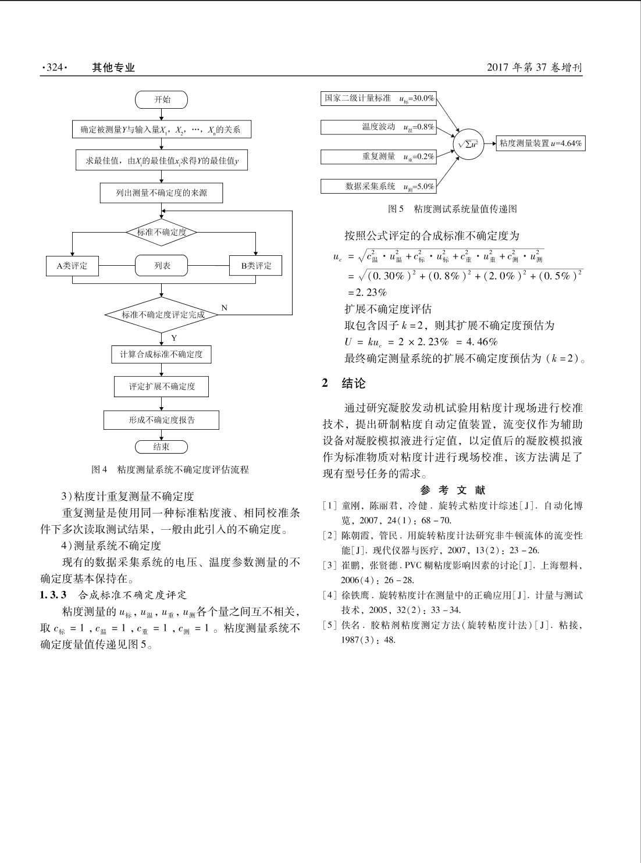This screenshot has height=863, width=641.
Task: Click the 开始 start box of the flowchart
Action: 162,99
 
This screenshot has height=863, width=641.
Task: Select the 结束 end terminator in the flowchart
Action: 162,447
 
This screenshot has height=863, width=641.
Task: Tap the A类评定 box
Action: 72,266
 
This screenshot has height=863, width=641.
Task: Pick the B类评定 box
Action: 256,266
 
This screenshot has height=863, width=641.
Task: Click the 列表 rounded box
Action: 162,266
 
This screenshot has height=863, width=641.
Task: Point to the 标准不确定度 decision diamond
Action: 162,232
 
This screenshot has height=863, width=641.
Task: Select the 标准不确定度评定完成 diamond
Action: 163,315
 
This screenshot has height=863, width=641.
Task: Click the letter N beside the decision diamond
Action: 224,307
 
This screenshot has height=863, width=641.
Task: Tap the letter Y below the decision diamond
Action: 173,337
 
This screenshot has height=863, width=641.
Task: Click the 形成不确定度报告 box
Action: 162,420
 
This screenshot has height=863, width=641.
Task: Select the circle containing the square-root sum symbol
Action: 468,142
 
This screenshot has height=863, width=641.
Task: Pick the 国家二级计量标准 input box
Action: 379,99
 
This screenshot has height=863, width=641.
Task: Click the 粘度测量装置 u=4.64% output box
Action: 540,143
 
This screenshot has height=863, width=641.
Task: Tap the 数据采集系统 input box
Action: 379,186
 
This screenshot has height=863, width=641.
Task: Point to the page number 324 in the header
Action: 54,68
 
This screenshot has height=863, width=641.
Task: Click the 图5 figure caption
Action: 453,208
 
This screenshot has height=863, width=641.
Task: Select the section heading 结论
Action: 353,383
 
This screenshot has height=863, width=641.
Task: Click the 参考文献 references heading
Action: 453,490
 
